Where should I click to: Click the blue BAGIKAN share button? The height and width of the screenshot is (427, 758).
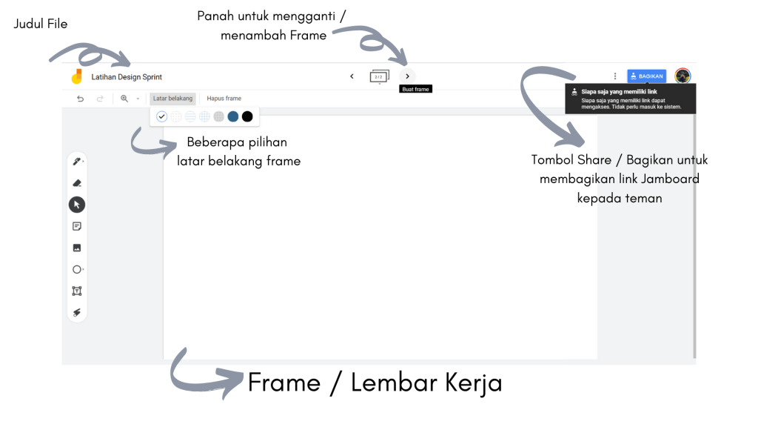click(646, 76)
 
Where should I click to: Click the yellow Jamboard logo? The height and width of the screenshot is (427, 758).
click(76, 76)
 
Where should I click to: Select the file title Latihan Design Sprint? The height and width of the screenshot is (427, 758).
click(127, 77)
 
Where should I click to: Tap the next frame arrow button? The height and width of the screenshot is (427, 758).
click(407, 76)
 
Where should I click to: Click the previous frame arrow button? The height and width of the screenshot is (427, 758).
click(352, 76)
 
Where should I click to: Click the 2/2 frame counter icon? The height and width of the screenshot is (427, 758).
click(379, 76)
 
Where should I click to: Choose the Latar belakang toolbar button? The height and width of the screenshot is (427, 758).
click(172, 99)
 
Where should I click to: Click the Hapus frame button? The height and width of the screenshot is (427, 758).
click(224, 99)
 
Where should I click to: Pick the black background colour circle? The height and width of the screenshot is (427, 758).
click(247, 116)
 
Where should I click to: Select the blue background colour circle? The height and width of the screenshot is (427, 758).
click(233, 116)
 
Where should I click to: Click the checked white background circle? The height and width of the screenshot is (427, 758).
click(161, 116)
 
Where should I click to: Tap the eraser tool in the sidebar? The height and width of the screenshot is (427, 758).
click(77, 183)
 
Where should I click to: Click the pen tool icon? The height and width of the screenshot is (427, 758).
click(77, 162)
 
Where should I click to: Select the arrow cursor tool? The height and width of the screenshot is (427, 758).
click(77, 205)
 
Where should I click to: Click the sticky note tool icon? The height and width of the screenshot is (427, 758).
click(77, 226)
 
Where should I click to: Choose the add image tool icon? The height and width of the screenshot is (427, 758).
click(77, 248)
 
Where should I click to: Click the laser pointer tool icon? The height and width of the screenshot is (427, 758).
click(77, 312)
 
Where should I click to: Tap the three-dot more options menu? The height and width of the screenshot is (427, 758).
click(615, 76)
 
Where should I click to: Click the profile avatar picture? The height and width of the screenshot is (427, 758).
click(682, 76)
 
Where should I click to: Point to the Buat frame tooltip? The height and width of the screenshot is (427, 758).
click(415, 89)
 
